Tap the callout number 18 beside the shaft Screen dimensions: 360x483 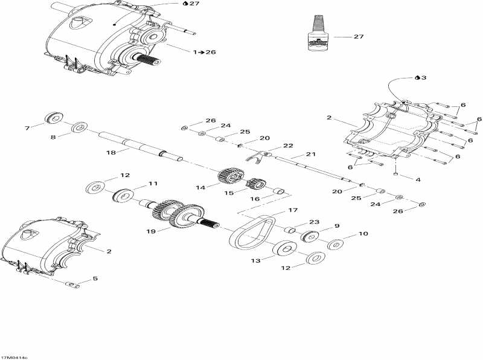click(110, 153)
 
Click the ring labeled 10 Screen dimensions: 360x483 click(336, 245)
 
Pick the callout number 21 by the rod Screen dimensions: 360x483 click(311, 154)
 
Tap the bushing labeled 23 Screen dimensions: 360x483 click(290, 230)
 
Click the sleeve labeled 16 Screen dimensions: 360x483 click(280, 192)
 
